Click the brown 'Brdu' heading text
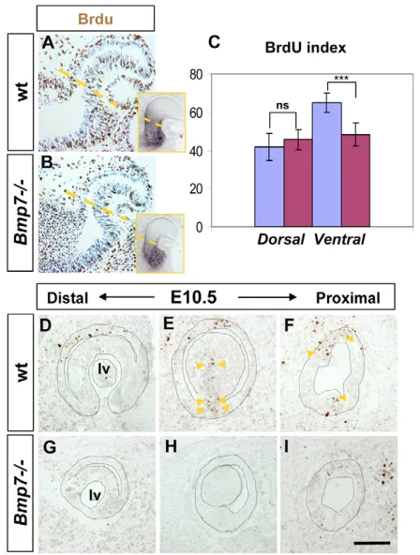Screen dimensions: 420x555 tap(96, 19)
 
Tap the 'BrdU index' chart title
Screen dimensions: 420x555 tap(306, 48)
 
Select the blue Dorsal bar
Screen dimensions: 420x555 tap(269, 187)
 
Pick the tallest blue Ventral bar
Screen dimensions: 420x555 tap(327, 165)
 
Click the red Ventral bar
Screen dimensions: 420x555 tap(355, 181)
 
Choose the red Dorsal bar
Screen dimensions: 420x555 tap(298, 183)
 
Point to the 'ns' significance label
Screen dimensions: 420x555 tap(283, 106)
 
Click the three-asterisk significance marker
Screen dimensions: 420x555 tap(341, 78)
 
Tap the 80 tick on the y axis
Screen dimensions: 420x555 tap(195, 75)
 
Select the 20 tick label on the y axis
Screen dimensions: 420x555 tap(195, 189)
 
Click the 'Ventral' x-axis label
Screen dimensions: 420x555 tap(339, 240)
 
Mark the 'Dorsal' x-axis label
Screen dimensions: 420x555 tap(281, 240)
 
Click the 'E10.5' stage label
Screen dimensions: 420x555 tap(193, 298)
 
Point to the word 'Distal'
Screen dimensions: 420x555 tap(67, 298)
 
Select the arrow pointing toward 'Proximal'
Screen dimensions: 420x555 tap(267, 297)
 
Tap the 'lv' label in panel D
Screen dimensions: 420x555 tap(104, 368)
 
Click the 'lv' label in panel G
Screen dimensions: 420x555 tap(95, 496)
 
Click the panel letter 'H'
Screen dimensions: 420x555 tap(172, 448)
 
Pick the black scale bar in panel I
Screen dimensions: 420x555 tap(371, 543)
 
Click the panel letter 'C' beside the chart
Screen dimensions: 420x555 tap(215, 42)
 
